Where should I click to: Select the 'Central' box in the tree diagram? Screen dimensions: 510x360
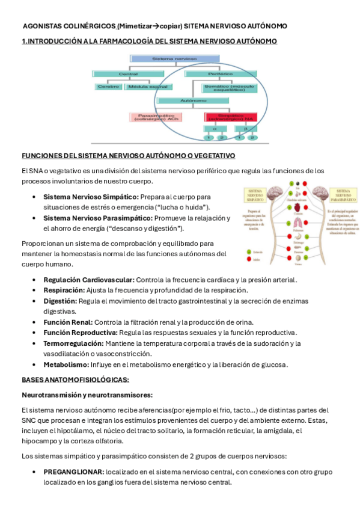pyautogui.click(x=124, y=73)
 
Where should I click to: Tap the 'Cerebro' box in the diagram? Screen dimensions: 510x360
pyautogui.click(x=108, y=87)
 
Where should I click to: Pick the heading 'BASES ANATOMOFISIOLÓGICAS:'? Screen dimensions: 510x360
pyautogui.click(x=76, y=379)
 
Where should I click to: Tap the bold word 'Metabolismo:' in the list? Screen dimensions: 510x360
pyautogui.click(x=66, y=364)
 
